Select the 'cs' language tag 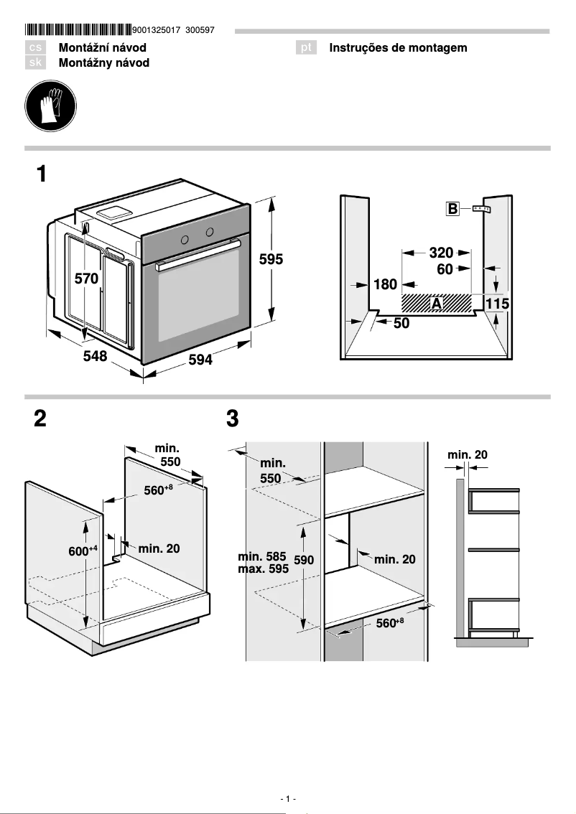click(37, 48)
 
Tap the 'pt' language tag click(307, 48)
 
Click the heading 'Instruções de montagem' click(398, 48)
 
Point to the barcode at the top click(78, 30)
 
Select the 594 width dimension click(200, 360)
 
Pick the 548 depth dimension click(93, 356)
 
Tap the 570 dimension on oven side click(86, 280)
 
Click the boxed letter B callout click(452, 210)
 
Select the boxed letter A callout click(436, 304)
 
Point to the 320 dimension click(441, 253)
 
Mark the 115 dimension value click(497, 304)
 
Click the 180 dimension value click(385, 285)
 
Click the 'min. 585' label click(261, 556)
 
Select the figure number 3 click(232, 419)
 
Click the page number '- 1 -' click(288, 799)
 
